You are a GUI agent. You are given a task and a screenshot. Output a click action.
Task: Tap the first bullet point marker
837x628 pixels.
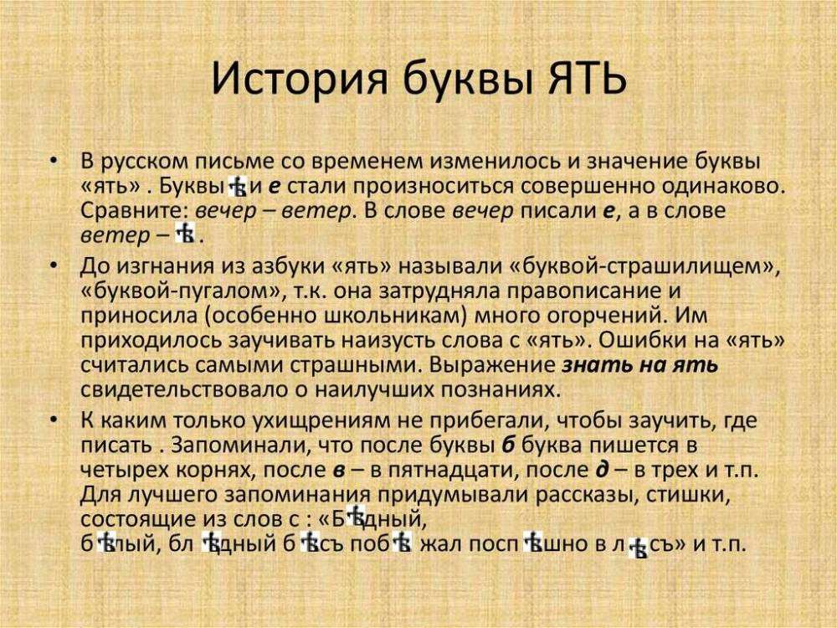pos(54,160)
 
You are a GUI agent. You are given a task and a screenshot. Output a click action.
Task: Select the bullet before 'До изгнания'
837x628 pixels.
pos(54,266)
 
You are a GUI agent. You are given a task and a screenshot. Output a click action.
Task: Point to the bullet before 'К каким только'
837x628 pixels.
pos(54,419)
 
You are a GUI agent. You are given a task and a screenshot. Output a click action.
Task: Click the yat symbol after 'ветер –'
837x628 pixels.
pos(186,236)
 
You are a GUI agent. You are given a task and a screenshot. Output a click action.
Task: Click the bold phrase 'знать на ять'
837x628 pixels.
pos(639,366)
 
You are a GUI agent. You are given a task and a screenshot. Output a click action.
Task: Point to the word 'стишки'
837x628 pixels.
pos(691,493)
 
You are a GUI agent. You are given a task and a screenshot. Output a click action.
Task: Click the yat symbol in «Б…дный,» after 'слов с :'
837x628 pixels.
pos(358,517)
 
